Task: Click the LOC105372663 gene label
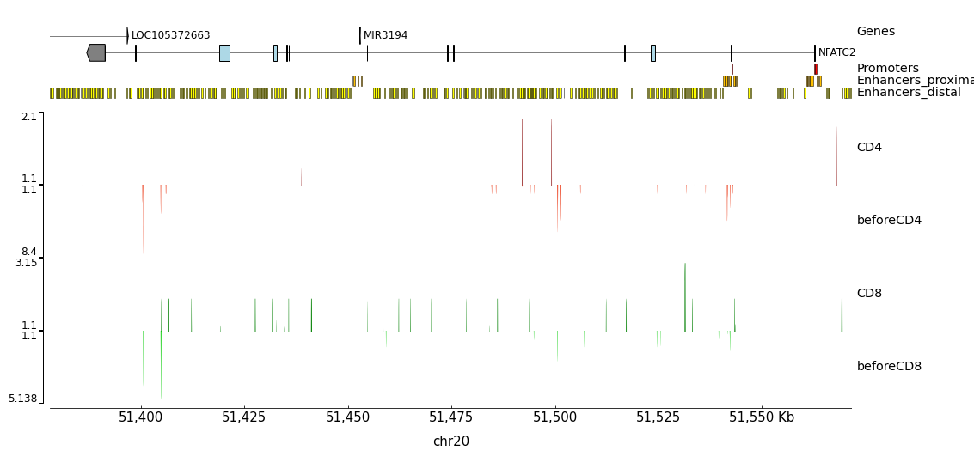[x=170, y=35]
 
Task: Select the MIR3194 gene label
[x=385, y=35]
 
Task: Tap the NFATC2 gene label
[x=836, y=52]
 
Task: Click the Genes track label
[x=875, y=32]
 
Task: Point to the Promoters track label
[x=887, y=69]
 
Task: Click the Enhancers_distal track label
[x=909, y=93]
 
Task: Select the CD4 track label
[x=869, y=148]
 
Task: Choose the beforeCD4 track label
[x=889, y=221]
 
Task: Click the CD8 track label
[x=869, y=294]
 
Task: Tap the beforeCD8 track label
[x=889, y=367]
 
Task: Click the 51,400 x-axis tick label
[x=140, y=417]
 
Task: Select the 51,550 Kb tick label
[x=762, y=417]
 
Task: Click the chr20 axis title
[x=450, y=442]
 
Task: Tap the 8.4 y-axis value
[x=29, y=252]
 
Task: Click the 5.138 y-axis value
[x=23, y=399]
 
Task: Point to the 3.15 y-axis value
[x=26, y=263]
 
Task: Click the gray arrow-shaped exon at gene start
[x=96, y=52]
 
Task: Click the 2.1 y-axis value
[x=29, y=117]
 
